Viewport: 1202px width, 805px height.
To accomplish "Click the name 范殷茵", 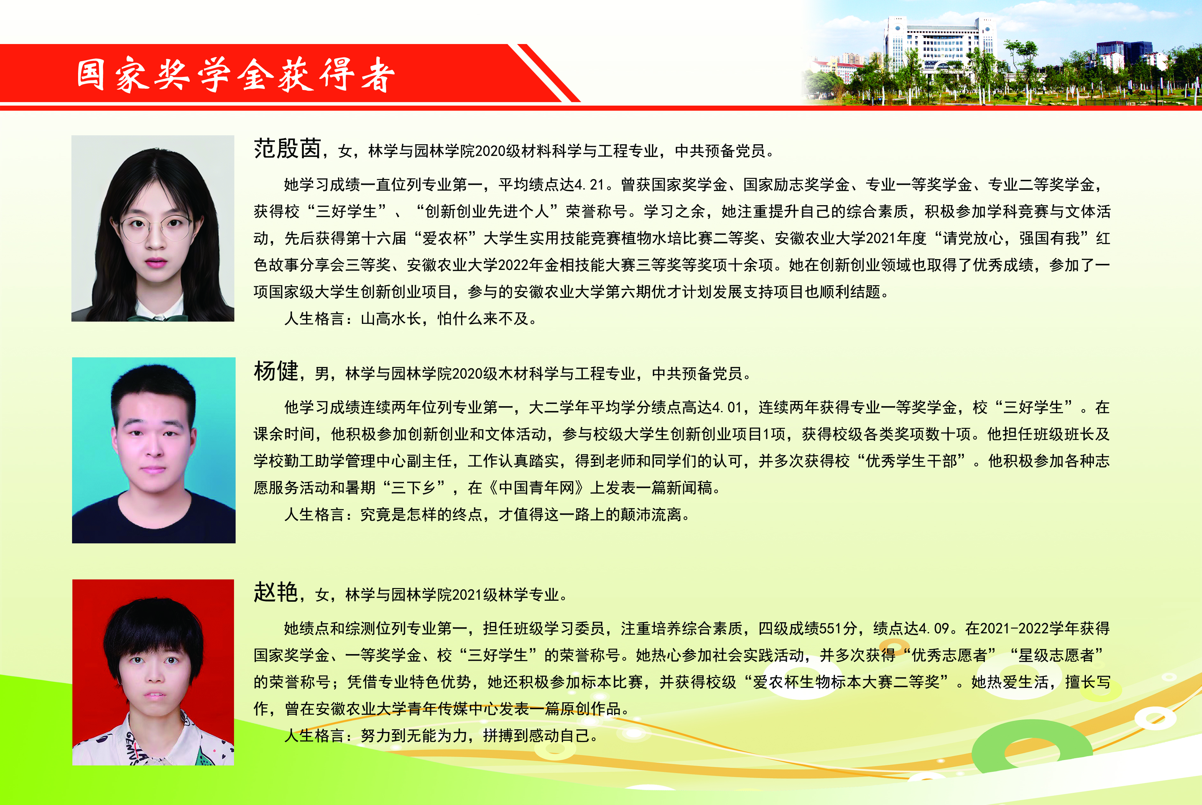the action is (287, 149).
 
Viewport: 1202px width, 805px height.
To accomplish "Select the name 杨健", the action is (276, 371).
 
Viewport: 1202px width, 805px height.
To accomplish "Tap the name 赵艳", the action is (276, 593).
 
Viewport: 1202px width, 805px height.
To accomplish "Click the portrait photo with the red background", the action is (153, 672).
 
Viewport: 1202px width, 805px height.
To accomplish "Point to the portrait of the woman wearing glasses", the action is (153, 228).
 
